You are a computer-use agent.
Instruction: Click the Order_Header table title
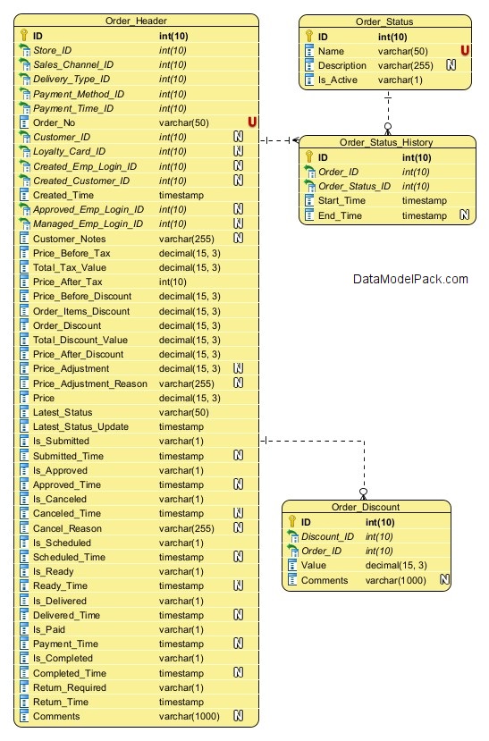coord(136,21)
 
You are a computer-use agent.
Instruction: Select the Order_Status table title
coord(384,21)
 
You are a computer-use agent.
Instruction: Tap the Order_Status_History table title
coord(386,142)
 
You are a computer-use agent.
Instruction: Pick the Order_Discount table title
coord(366,507)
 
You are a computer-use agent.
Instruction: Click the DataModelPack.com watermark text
coord(410,279)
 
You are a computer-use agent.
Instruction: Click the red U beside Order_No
coord(252,122)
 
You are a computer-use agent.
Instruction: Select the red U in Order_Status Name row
coord(465,51)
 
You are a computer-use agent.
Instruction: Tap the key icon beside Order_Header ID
coord(24,36)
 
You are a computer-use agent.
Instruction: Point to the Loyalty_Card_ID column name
coord(69,151)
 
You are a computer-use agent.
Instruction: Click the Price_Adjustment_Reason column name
coord(89,383)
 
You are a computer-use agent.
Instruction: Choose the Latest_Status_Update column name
coord(80,426)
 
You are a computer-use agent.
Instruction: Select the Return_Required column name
coord(70,687)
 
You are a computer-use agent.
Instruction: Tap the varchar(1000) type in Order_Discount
coord(395,580)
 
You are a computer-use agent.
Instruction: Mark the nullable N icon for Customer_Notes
coord(239,238)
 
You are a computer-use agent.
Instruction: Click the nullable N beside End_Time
coord(465,215)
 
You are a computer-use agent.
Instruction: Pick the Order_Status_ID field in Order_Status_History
coord(354,186)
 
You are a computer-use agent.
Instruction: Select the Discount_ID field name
coord(327,537)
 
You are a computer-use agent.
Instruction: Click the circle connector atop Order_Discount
coord(363,492)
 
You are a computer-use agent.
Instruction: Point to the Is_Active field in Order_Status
coord(337,80)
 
